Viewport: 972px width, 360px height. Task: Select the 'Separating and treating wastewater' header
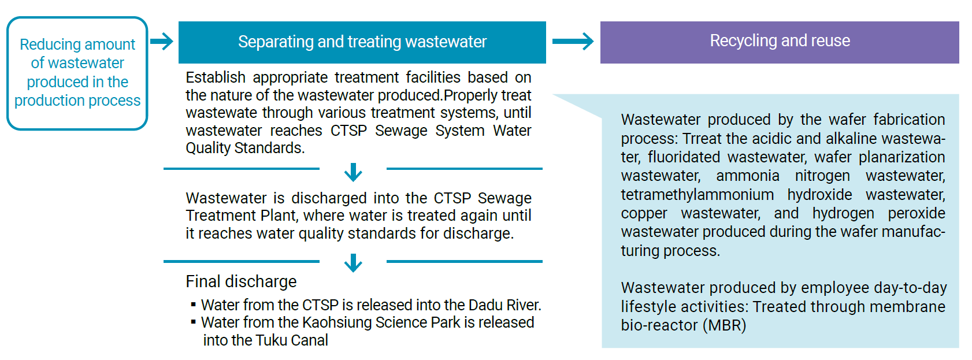click(362, 42)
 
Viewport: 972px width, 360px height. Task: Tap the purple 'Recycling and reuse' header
click(780, 42)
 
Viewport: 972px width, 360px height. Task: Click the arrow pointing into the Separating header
click(162, 41)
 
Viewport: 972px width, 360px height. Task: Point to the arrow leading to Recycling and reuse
click(573, 41)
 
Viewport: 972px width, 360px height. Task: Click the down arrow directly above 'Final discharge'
click(353, 263)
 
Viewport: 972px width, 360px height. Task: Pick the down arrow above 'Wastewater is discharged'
click(353, 172)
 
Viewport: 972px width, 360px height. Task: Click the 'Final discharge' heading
click(241, 281)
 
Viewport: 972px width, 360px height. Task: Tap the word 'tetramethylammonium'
click(697, 195)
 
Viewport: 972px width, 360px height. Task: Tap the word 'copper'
click(644, 214)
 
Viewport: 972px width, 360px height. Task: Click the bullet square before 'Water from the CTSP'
click(194, 305)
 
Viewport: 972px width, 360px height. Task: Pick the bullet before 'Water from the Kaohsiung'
click(194, 322)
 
